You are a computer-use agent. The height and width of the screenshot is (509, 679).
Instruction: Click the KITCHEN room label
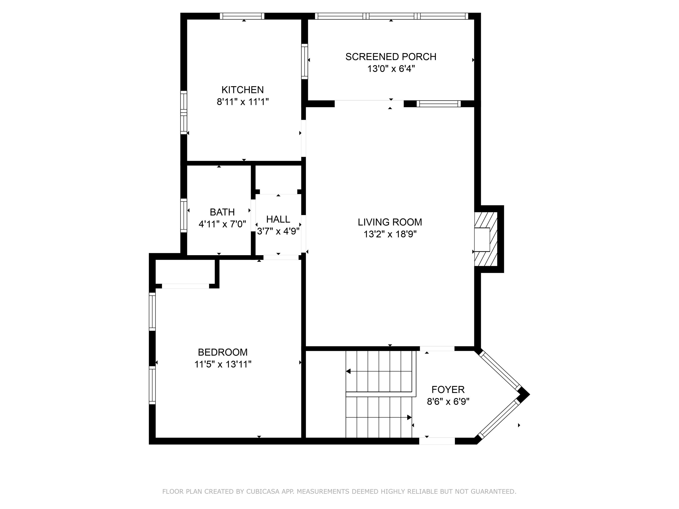click(x=242, y=90)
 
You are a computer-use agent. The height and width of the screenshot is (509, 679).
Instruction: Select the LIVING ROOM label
click(x=390, y=222)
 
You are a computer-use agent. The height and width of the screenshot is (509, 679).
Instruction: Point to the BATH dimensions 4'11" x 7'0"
click(x=222, y=224)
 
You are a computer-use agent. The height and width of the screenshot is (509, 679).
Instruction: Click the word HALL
click(x=278, y=219)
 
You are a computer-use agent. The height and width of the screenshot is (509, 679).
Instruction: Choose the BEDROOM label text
click(x=222, y=352)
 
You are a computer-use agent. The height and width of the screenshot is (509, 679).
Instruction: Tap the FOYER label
click(x=448, y=390)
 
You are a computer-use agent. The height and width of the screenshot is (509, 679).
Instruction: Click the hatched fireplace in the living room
click(x=486, y=239)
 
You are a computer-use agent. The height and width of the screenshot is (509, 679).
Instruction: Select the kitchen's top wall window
click(x=242, y=16)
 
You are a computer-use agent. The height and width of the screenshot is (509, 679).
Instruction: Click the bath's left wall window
click(x=184, y=215)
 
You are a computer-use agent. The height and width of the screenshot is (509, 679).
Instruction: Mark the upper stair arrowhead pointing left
click(x=348, y=371)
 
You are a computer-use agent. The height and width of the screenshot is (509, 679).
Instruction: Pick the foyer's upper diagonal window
click(x=500, y=370)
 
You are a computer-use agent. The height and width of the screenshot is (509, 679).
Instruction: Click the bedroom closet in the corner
click(x=185, y=272)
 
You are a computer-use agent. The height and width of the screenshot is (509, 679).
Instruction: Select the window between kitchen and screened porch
click(x=304, y=61)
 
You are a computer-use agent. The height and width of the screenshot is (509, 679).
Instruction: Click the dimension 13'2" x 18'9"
click(x=390, y=234)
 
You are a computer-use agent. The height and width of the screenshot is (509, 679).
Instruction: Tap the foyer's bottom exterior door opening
click(x=437, y=441)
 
